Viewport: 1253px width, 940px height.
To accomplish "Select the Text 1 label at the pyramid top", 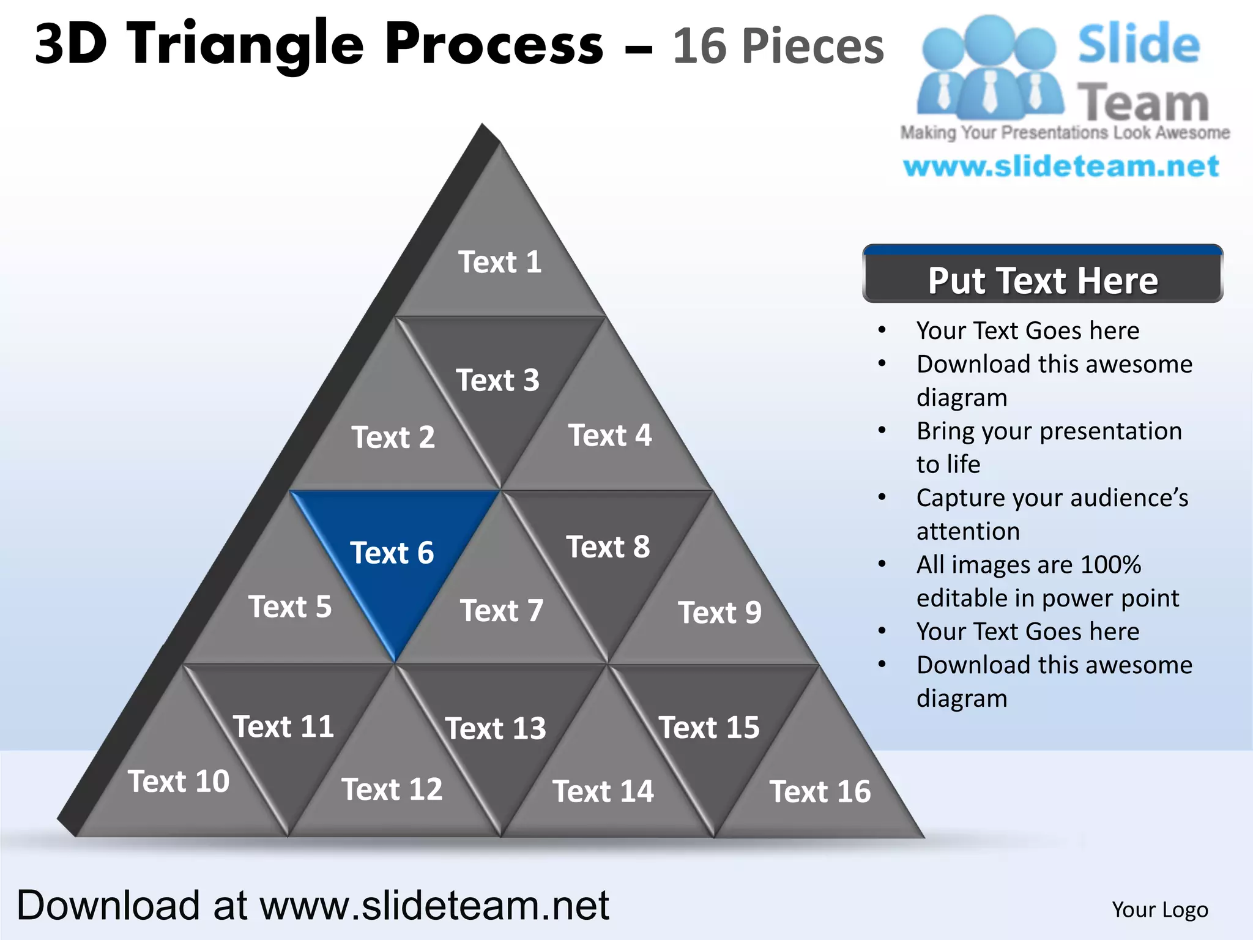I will [x=500, y=263].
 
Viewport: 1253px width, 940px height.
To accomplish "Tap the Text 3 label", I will [x=497, y=381].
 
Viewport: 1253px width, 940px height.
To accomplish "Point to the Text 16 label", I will [x=820, y=792].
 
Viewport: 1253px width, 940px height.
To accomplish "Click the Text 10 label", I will [x=179, y=782].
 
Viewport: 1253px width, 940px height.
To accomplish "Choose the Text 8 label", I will [x=608, y=547].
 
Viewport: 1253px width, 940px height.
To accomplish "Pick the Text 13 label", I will [x=496, y=729].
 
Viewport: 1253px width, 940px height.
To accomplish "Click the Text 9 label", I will [x=719, y=613].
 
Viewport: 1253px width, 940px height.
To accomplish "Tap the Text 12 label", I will [x=392, y=789].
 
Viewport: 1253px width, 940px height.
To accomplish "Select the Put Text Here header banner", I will [x=1043, y=280].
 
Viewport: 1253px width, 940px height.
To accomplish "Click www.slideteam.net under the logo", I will [x=1061, y=166].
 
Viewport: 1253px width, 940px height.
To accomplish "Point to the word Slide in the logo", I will [x=1139, y=44].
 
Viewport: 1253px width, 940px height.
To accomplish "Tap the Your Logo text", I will [x=1159, y=910].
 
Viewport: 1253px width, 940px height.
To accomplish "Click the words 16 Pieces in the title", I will [x=778, y=47].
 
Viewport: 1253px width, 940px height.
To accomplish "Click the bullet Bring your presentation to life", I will [x=1049, y=447].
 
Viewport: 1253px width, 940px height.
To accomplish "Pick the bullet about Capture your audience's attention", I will [x=1052, y=514].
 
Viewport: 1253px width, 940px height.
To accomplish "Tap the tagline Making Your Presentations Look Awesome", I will [x=1065, y=133].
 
